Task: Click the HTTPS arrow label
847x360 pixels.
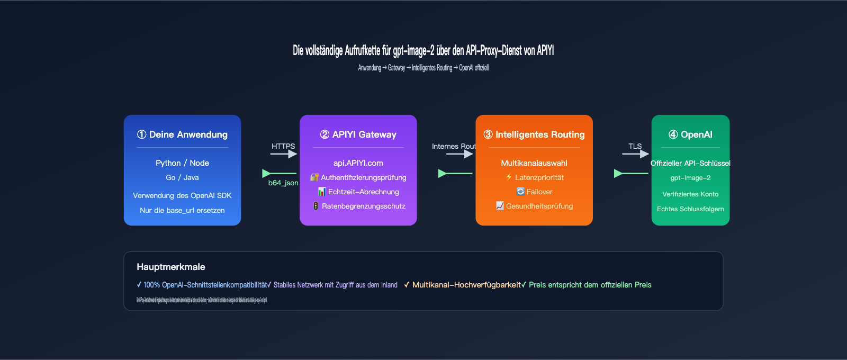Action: point(283,146)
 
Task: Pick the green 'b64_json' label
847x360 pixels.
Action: point(283,183)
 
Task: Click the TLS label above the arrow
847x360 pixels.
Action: point(635,146)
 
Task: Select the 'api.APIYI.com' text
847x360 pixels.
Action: point(358,163)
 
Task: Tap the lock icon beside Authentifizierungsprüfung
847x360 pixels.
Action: point(314,177)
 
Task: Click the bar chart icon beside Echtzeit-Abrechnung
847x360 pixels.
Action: point(322,192)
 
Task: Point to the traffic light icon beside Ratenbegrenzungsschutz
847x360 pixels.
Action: point(316,206)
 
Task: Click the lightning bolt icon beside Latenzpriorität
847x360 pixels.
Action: point(509,177)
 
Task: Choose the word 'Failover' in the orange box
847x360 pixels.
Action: point(539,192)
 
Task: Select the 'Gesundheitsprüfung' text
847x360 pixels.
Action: point(539,206)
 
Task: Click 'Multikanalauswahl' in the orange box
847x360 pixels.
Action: point(534,163)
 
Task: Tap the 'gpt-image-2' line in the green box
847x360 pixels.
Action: point(691,178)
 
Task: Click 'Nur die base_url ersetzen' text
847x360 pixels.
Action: point(182,210)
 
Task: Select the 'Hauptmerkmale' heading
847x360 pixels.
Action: point(171,267)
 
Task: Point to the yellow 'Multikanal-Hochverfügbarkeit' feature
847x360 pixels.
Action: point(466,285)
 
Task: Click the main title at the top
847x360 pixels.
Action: point(424,51)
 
